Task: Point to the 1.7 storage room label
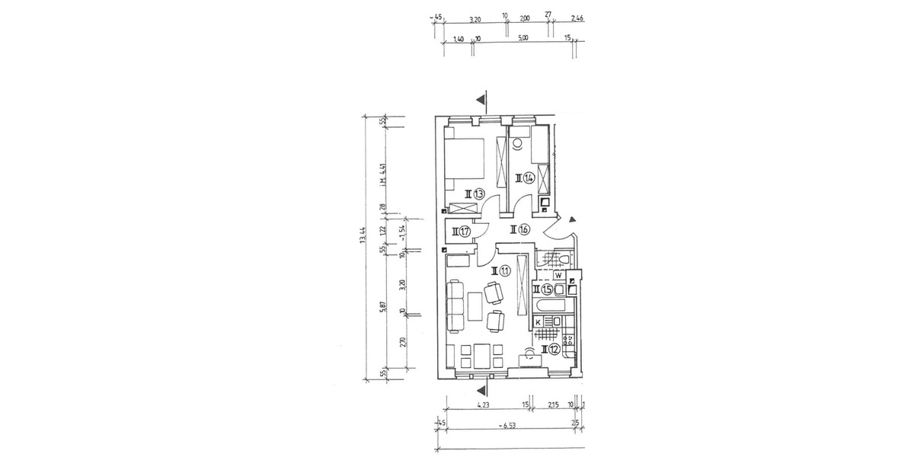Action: [461, 232]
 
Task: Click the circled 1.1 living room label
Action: [500, 270]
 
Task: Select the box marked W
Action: [558, 275]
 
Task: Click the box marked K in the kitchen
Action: [538, 323]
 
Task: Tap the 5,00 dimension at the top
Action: [523, 39]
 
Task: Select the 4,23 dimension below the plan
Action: [482, 405]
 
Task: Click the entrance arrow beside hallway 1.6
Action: [563, 219]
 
